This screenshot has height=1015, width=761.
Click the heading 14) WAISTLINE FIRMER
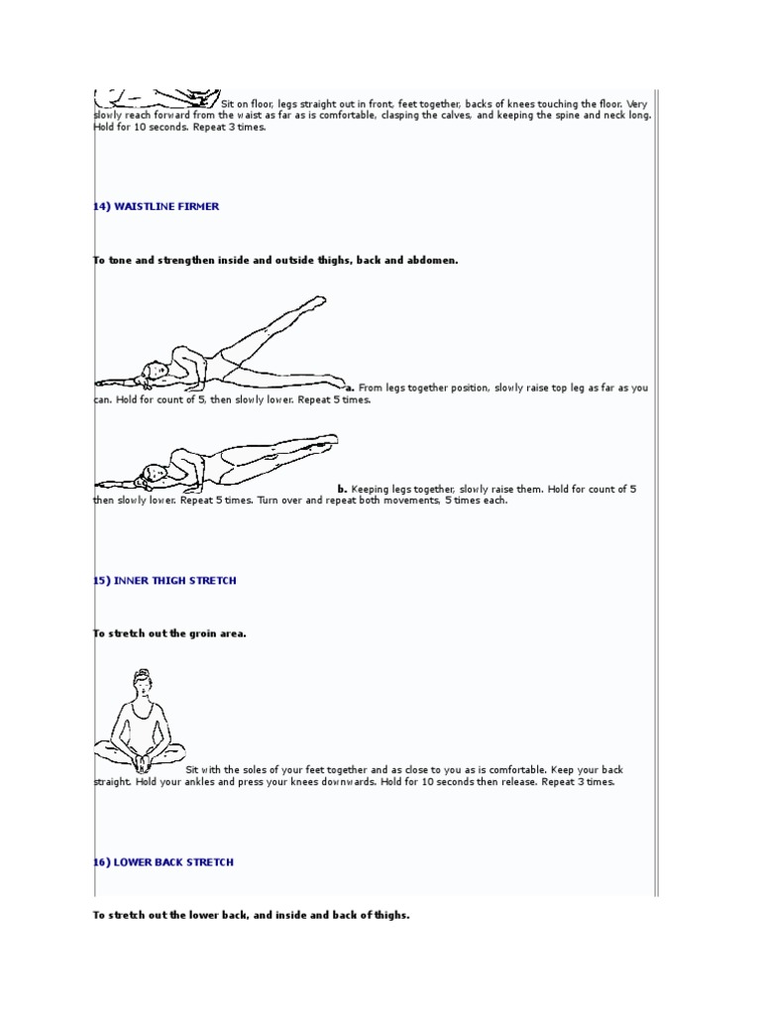tap(156, 206)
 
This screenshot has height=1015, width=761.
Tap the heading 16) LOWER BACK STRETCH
tap(163, 862)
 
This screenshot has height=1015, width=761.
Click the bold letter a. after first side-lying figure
tap(349, 388)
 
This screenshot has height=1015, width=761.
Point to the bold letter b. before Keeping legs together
tap(342, 489)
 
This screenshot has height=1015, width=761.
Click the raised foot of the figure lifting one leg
tap(317, 299)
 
